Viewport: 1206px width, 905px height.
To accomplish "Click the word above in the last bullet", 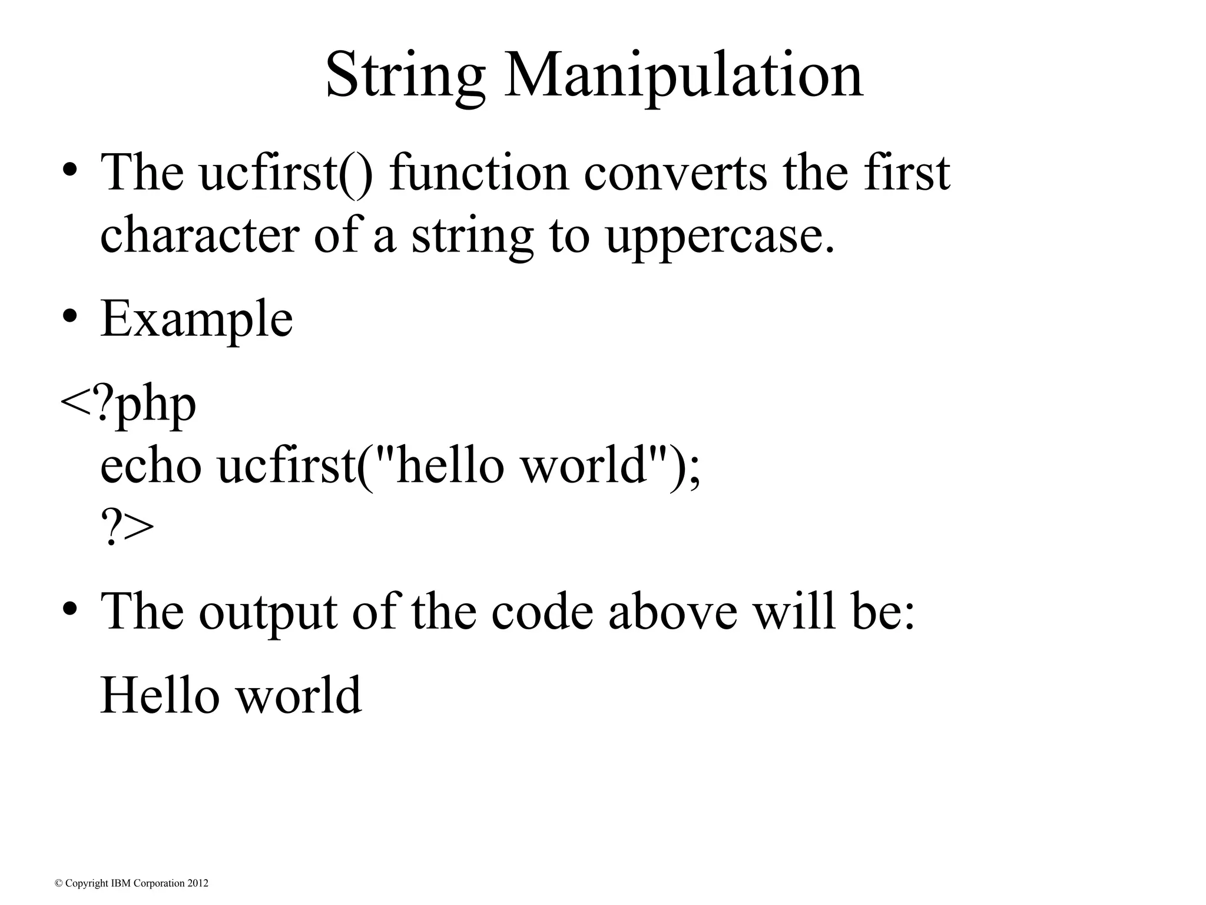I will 672,612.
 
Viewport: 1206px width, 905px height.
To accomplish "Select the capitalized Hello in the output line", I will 160,695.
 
